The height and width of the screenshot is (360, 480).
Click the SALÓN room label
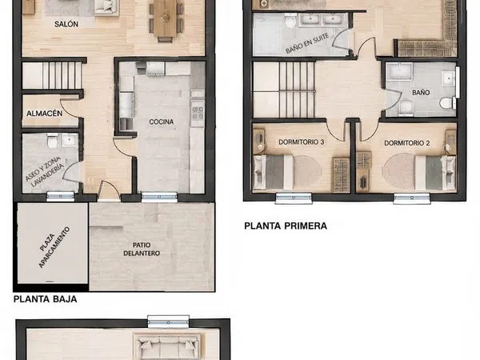(66, 24)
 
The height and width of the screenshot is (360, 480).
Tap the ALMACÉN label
(44, 114)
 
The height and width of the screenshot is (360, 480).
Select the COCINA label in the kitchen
(162, 122)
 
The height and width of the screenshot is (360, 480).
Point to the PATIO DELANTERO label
(142, 249)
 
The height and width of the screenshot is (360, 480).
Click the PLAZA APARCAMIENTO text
(54, 247)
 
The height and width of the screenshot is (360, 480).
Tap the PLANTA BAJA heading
(46, 299)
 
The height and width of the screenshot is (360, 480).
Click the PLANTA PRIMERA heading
(286, 226)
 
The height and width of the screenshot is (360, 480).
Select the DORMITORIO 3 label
(302, 142)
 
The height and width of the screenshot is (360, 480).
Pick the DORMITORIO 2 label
(407, 143)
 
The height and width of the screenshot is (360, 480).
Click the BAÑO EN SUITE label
(307, 43)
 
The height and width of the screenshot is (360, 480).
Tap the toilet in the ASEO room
(52, 141)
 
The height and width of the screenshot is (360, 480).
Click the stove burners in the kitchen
(198, 113)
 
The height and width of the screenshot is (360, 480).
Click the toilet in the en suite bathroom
(290, 22)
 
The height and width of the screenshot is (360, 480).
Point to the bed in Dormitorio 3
(274, 172)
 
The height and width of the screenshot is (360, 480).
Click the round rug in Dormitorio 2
(398, 171)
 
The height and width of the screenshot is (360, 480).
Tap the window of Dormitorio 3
(294, 198)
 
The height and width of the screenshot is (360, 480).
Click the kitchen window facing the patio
(159, 197)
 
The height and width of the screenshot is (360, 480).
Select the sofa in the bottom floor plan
(167, 346)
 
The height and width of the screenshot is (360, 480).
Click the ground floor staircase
(52, 76)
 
